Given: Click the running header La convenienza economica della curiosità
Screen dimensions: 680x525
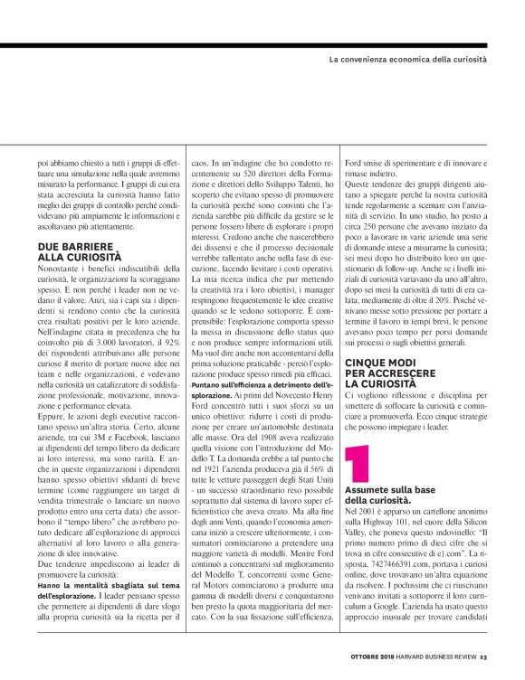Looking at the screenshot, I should click(x=408, y=58).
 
